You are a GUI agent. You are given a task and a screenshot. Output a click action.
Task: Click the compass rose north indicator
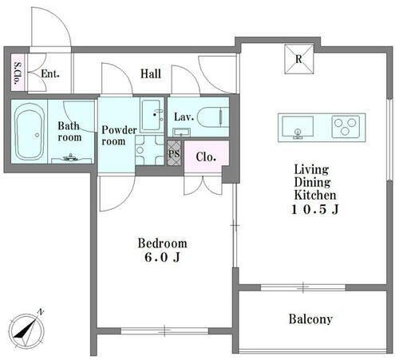pyautogui.click(x=26, y=331)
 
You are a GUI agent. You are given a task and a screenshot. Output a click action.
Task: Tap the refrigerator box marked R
pyautogui.click(x=299, y=59)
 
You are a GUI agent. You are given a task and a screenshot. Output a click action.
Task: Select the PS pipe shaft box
pyautogui.click(x=174, y=153)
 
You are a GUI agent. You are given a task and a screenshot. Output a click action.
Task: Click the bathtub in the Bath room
pyautogui.click(x=30, y=132)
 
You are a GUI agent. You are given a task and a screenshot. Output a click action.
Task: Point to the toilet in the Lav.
pyautogui.click(x=214, y=117)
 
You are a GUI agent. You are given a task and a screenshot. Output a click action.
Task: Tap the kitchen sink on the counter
pyautogui.click(x=298, y=127)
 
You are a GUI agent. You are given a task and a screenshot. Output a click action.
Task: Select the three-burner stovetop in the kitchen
pyautogui.click(x=346, y=126)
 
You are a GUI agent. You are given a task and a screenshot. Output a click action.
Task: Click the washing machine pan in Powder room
pyautogui.click(x=149, y=150)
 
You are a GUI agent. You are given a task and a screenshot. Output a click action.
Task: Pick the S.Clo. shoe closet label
pyautogui.click(x=18, y=73)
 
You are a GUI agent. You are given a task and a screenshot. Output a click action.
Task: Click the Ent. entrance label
pyautogui.click(x=50, y=73)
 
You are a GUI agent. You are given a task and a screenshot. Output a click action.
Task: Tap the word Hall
pyautogui.click(x=151, y=73)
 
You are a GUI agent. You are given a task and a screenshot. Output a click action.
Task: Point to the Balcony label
pyautogui.click(x=310, y=319)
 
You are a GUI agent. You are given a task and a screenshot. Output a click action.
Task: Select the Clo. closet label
pyautogui.click(x=206, y=157)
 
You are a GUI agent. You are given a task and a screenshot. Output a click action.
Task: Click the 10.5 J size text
pyautogui.click(x=315, y=209)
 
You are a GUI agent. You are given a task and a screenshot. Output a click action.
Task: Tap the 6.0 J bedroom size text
pyautogui.click(x=162, y=257)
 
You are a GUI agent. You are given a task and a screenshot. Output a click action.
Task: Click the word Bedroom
pyautogui.click(x=162, y=243)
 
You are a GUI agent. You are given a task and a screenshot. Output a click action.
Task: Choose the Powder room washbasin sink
pyautogui.click(x=152, y=115)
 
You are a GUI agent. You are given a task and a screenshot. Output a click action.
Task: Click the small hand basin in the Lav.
pyautogui.click(x=181, y=133)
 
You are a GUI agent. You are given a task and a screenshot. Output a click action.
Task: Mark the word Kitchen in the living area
pyautogui.click(x=315, y=195)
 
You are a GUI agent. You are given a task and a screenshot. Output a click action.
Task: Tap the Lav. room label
pyautogui.click(x=184, y=117)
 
